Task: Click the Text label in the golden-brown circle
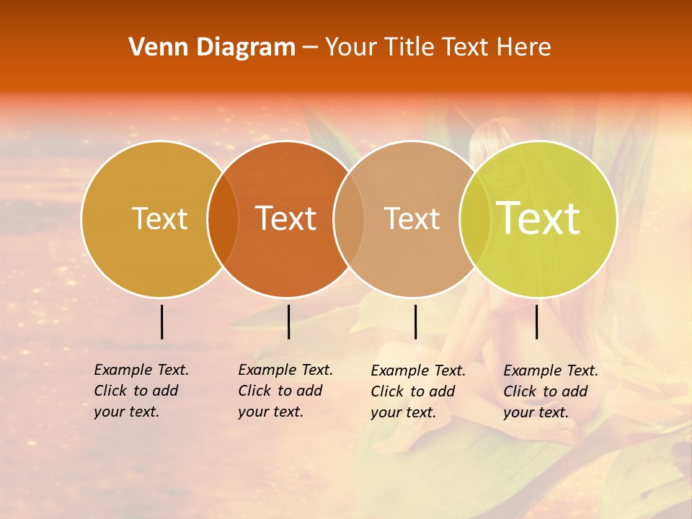pos(159,218)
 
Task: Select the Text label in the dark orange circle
pos(285,218)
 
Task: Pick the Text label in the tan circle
pos(412,218)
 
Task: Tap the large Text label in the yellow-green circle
pos(538,218)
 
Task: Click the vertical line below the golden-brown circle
pos(161,321)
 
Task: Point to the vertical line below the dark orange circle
pos(288,321)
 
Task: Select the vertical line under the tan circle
pos(415,321)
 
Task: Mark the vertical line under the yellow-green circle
pos(536,321)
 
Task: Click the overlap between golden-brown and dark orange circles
pos(223,218)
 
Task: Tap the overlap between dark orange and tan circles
pos(349,218)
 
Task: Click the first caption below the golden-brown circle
pos(141,391)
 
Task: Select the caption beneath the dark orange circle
pos(285,391)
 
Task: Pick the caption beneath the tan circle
pos(417,391)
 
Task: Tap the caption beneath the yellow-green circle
pos(550,391)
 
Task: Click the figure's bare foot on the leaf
pos(393,443)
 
